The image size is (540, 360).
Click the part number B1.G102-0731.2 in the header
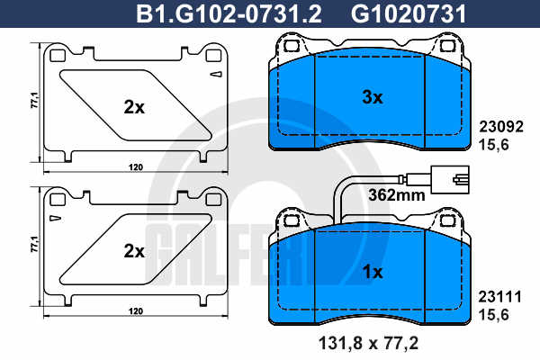[x=229, y=14]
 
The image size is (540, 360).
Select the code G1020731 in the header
[x=409, y=14]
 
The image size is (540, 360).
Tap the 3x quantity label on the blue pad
[x=373, y=97]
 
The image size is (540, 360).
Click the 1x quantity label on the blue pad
[x=373, y=272]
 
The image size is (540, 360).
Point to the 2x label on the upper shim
[x=134, y=107]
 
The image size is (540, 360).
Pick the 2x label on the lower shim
[x=134, y=251]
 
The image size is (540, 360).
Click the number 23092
[x=501, y=127]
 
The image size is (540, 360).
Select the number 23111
[x=499, y=297]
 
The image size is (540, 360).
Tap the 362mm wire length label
[x=397, y=195]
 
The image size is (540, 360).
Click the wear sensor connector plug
[x=449, y=179]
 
